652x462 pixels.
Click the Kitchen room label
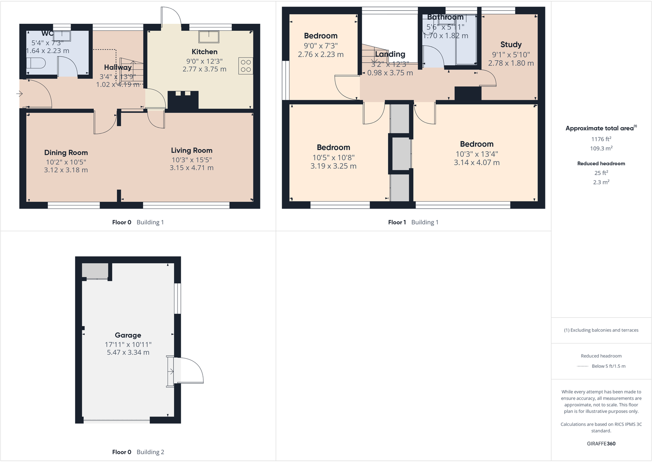point(204,52)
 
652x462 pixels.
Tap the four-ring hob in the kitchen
point(246,66)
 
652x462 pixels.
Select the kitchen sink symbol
point(209,36)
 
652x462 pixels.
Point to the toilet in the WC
point(36,64)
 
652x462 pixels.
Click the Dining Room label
point(66,152)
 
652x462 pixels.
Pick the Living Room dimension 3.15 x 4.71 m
point(191,168)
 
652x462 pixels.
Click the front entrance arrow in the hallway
point(19,94)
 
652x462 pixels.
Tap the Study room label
point(511,44)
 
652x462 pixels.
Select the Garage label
point(128,335)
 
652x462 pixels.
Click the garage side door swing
point(189,371)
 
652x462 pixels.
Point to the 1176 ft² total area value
point(601,139)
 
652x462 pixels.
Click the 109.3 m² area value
point(601,148)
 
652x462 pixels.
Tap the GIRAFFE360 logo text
point(601,444)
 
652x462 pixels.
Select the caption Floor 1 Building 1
point(413,222)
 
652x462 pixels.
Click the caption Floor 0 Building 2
point(138,452)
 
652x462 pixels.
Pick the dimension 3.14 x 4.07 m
point(476,163)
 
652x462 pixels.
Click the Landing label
point(390,54)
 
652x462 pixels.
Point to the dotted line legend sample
point(582,366)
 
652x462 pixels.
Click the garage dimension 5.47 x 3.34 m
point(128,353)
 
